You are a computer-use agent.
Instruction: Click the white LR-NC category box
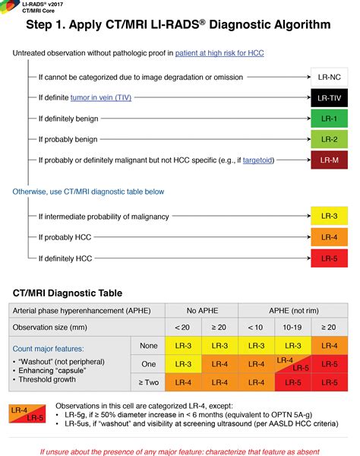coord(329,77)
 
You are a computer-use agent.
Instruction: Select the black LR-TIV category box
coord(329,98)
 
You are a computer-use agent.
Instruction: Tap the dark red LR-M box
coord(329,160)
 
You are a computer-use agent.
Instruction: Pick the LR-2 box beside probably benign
coord(329,139)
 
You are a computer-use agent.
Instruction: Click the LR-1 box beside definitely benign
coord(329,119)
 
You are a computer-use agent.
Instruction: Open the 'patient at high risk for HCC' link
coord(219,53)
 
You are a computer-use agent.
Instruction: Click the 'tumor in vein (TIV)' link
coord(101,98)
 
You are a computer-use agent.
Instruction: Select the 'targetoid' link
coord(257,160)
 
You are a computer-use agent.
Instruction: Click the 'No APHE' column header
coord(202,311)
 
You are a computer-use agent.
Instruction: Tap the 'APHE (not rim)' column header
coord(293,311)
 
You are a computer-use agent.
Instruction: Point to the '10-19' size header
coord(292,327)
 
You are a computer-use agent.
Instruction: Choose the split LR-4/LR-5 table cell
coord(292,364)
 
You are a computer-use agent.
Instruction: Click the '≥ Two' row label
coord(148,382)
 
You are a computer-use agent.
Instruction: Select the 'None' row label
coord(148,346)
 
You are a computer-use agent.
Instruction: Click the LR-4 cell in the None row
coord(330,346)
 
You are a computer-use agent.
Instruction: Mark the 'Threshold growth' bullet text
coord(47,379)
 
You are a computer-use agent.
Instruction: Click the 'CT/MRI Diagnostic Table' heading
coord(68,293)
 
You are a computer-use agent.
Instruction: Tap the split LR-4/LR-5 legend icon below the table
coord(27,414)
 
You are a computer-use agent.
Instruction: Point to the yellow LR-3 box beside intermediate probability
coord(329,216)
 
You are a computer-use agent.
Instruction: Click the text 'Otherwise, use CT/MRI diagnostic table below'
coord(88,192)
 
